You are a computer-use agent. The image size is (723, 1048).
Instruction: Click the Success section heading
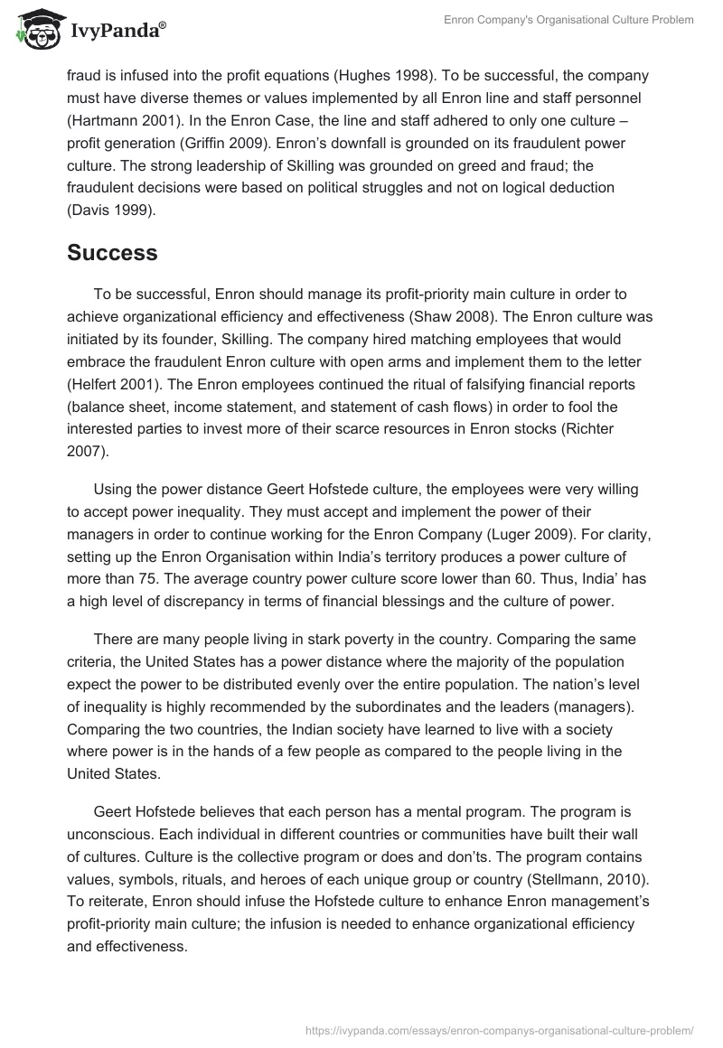112,254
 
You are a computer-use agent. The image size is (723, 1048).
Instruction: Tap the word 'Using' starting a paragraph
112,489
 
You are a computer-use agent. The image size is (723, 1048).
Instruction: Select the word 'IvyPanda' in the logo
117,33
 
